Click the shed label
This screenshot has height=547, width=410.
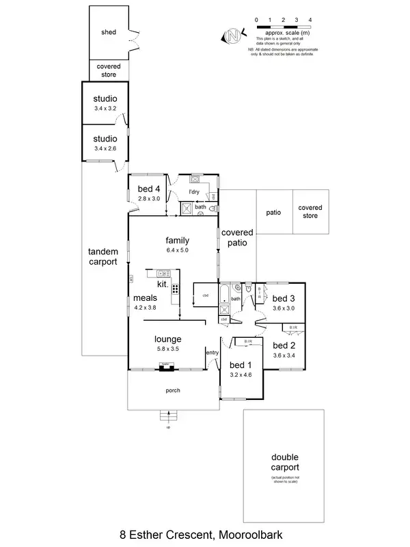[108, 32]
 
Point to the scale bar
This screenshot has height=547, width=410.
[283, 25]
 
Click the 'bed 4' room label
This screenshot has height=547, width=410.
[148, 189]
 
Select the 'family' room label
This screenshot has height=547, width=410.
[176, 241]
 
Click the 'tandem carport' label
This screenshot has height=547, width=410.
[103, 256]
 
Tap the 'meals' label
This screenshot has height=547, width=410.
[146, 298]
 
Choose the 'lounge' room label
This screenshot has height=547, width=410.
[167, 338]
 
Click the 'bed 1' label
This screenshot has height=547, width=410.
[241, 364]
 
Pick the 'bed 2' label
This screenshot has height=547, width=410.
[284, 345]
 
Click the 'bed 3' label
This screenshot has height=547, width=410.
[284, 298]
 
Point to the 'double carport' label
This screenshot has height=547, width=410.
[284, 462]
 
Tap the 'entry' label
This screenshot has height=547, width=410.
[212, 352]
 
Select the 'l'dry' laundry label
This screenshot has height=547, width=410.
[194, 191]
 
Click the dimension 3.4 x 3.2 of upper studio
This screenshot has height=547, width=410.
[106, 108]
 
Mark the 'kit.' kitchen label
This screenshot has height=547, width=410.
[162, 283]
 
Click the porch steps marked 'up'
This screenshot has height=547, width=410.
[168, 415]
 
